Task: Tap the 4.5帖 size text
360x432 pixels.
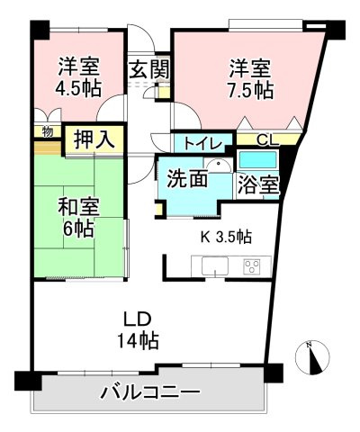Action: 79,88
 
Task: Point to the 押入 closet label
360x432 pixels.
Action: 94,139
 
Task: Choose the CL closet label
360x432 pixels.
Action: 267,139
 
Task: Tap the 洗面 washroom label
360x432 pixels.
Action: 188,179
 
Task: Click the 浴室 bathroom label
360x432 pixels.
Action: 257,186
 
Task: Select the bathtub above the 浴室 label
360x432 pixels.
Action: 259,160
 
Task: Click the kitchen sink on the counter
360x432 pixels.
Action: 216,267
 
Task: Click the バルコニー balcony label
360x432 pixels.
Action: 149,392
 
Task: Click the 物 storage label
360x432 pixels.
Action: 46,131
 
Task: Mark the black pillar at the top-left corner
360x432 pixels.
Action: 39,26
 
